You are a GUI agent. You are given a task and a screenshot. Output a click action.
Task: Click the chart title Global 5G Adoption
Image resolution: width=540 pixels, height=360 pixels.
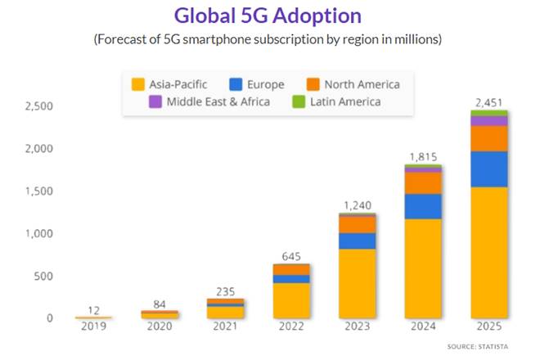269,16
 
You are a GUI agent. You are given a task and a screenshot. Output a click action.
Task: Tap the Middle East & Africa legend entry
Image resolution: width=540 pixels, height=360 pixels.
200,102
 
